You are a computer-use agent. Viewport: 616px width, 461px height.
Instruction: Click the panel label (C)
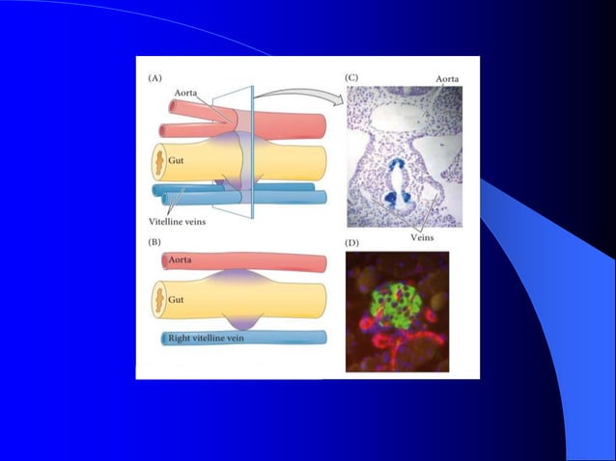pos(353,76)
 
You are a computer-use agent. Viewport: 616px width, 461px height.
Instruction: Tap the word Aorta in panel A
pos(187,93)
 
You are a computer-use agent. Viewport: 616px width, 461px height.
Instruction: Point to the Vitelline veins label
pos(183,222)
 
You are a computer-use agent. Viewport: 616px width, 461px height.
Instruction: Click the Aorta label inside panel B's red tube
pos(181,260)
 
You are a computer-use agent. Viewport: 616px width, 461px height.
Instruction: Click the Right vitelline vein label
pos(209,338)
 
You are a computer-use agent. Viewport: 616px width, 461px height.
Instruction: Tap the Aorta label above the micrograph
pos(447,78)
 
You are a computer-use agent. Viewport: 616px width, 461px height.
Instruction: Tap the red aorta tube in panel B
pos(261,261)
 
